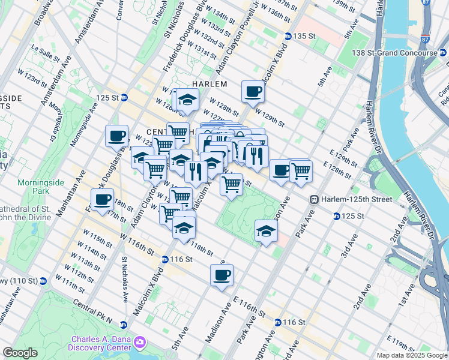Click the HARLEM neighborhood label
pyautogui.click(x=209, y=84)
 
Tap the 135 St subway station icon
pyautogui.click(x=288, y=37)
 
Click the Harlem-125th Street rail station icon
pyautogui.click(x=313, y=199)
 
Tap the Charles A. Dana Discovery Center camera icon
pyautogui.click(x=140, y=342)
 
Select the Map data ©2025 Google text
pyautogui.click(x=412, y=355)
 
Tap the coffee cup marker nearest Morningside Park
pyautogui.click(x=103, y=199)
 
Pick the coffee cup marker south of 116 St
pyautogui.click(x=221, y=275)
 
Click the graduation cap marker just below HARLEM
pyautogui.click(x=188, y=99)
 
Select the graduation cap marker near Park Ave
pyautogui.click(x=266, y=230)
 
